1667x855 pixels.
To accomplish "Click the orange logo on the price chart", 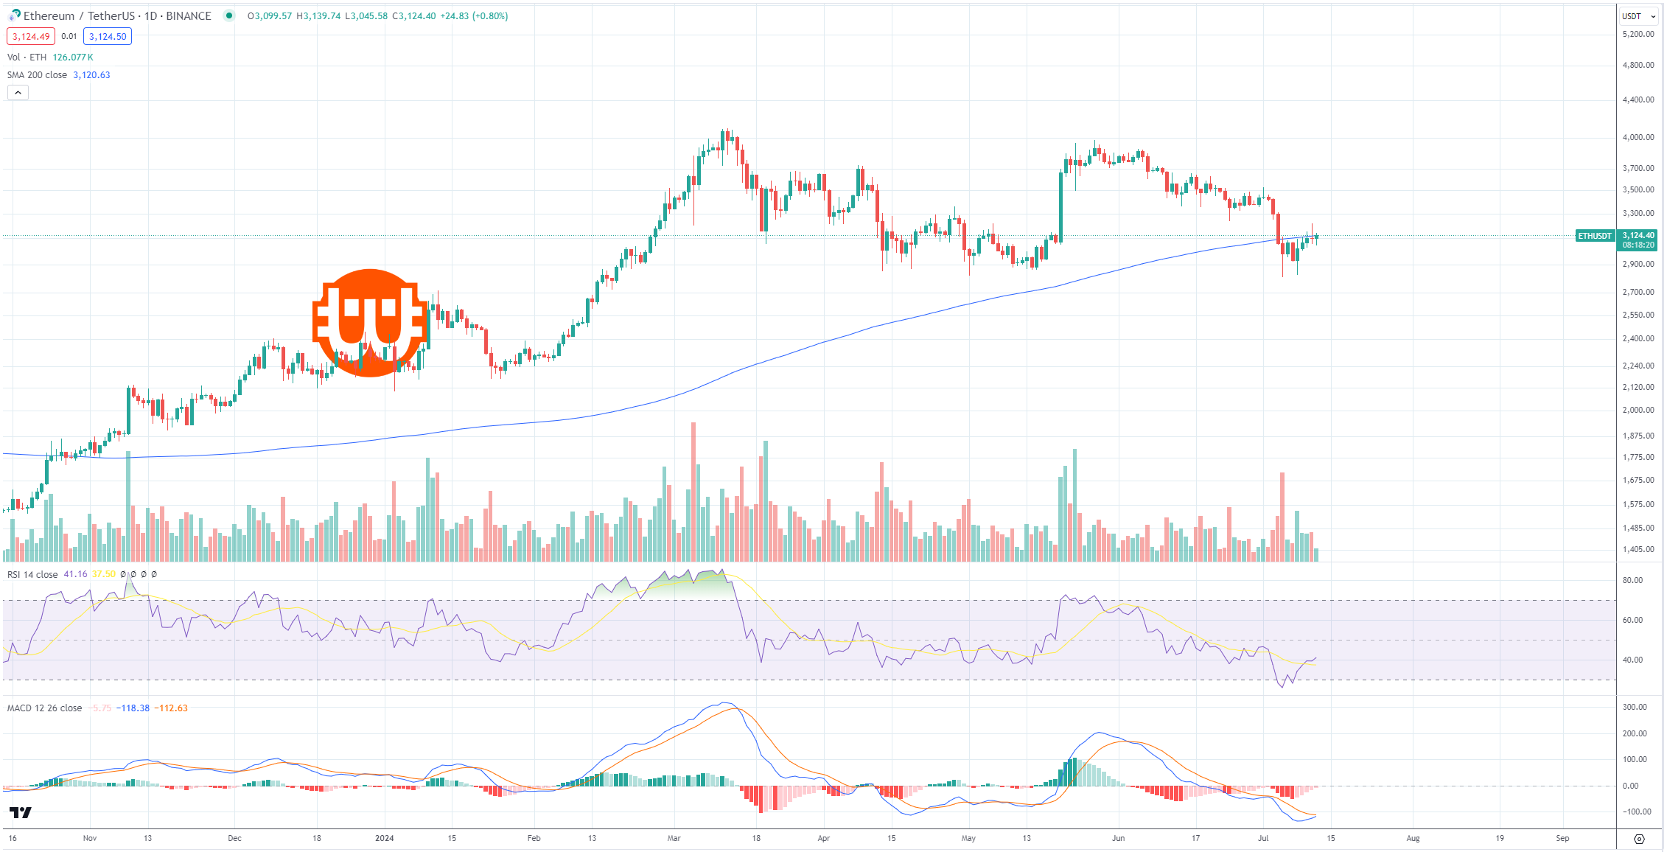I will pos(370,323).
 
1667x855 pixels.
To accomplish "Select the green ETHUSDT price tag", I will pos(1595,236).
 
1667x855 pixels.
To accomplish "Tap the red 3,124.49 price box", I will pos(31,37).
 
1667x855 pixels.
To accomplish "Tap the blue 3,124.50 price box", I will pos(108,37).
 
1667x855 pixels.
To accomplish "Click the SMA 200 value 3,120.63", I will pos(91,75).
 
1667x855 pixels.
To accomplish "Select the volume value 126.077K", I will pos(73,57).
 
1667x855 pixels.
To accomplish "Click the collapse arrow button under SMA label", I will pos(18,93).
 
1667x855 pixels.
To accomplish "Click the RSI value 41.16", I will pos(75,574).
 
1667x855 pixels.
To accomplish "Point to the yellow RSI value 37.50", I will pos(104,574).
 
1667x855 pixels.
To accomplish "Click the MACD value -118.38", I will pos(133,708).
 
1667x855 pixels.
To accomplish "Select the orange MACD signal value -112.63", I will pos(171,708).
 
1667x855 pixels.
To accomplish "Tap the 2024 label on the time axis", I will pos(385,838).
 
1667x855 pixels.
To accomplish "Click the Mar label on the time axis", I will pos(674,838).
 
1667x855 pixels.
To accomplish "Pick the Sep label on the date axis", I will pos(1562,838).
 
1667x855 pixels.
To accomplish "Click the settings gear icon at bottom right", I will pos(1639,839).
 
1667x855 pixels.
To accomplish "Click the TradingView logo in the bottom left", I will pos(21,812).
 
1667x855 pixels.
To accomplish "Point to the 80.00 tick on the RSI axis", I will pos(1632,580).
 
